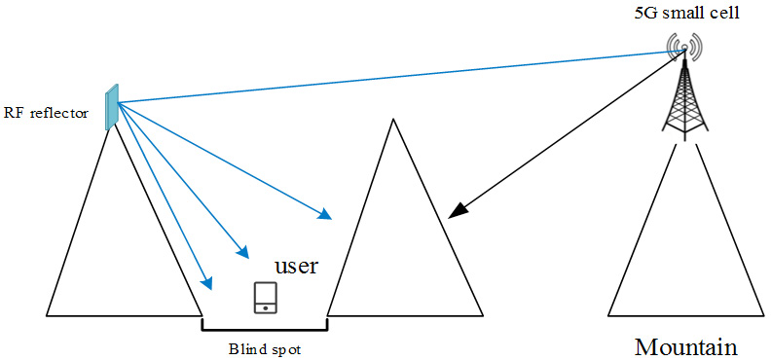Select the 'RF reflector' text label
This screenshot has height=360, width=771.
click(47, 113)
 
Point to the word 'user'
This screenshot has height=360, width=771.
click(296, 266)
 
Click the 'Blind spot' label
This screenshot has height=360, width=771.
click(264, 347)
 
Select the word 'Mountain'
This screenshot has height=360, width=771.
click(685, 346)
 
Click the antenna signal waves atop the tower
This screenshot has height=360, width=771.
click(684, 45)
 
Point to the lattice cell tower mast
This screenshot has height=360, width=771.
click(684, 97)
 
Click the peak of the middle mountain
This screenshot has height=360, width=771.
click(392, 120)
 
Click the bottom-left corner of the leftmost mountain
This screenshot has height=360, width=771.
click(47, 316)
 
